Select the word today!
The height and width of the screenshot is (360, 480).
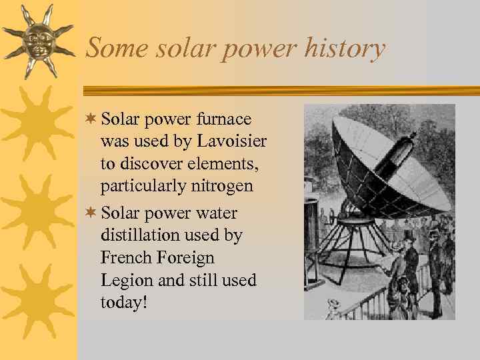click(x=124, y=302)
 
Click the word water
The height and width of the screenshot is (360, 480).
click(x=217, y=213)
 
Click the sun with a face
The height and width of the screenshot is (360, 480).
click(x=37, y=41)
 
